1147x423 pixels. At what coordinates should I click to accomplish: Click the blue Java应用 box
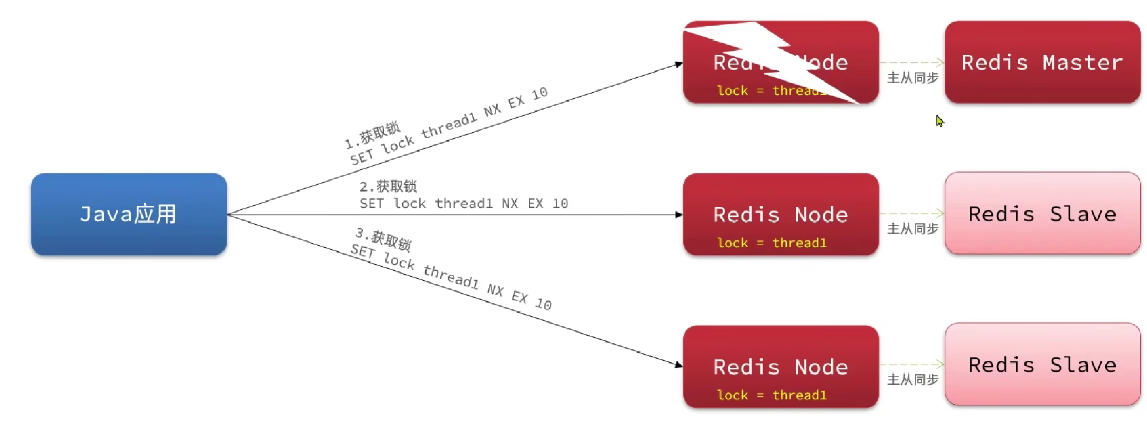[x=128, y=214]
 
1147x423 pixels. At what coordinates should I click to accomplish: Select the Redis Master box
[x=1042, y=62]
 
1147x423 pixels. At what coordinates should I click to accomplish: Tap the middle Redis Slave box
[x=1042, y=214]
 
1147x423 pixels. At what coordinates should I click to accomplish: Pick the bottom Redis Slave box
[x=1042, y=365]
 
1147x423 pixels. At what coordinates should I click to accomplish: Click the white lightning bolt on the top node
[x=773, y=58]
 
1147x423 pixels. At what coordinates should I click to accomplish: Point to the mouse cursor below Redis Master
[x=939, y=121]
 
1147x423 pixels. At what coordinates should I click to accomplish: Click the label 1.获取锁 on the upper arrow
[x=372, y=135]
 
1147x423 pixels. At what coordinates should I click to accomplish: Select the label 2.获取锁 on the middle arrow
[x=388, y=186]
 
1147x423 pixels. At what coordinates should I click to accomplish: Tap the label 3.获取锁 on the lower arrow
[x=383, y=238]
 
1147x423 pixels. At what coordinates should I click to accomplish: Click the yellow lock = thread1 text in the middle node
[x=772, y=243]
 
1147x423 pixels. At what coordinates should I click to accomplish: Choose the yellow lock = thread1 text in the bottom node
[x=772, y=395]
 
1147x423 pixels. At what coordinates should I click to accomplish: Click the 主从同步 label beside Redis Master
[x=912, y=78]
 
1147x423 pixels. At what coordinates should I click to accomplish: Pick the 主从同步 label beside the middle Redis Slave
[x=912, y=229]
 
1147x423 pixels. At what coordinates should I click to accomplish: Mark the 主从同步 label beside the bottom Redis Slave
[x=912, y=380]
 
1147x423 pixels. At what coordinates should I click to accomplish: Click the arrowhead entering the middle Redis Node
[x=678, y=215]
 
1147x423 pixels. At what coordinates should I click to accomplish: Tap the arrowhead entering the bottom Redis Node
[x=678, y=364]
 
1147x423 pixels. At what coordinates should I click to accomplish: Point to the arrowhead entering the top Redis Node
[x=678, y=65]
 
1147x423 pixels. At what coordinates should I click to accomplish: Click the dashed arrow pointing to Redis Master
[x=912, y=63]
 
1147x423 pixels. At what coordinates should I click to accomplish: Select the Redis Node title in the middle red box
[x=780, y=215]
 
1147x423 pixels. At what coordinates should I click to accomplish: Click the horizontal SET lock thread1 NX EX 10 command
[x=464, y=204]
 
